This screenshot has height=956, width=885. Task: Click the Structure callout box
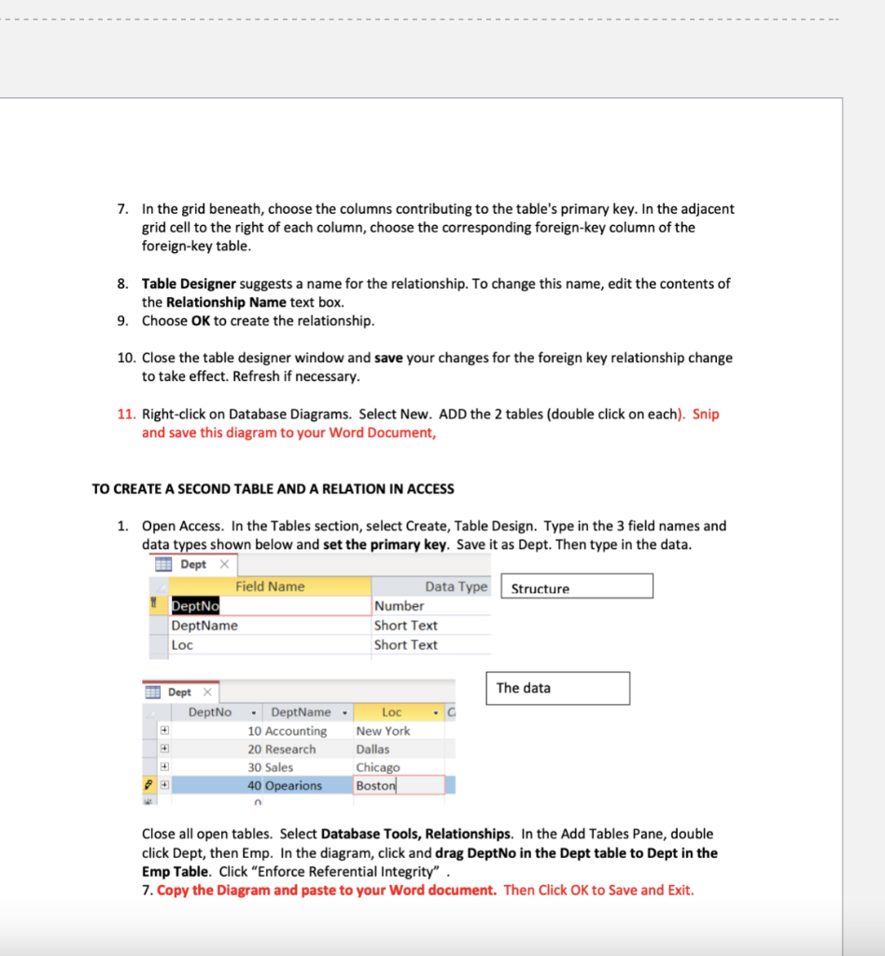[576, 587]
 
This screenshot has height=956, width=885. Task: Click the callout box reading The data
[556, 688]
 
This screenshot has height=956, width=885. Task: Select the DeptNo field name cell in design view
[194, 606]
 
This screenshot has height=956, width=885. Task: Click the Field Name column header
[270, 586]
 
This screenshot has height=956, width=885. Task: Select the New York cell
[383, 731]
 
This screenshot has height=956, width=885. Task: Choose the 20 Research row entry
[282, 750]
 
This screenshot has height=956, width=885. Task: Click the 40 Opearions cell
[285, 786]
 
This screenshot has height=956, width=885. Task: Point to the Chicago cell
[378, 767]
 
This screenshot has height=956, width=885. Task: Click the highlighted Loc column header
[392, 712]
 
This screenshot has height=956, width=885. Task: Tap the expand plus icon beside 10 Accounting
[163, 731]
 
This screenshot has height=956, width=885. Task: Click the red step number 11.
[126, 415]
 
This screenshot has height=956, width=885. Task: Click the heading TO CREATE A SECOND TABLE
[273, 489]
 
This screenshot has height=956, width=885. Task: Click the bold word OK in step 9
[200, 321]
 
